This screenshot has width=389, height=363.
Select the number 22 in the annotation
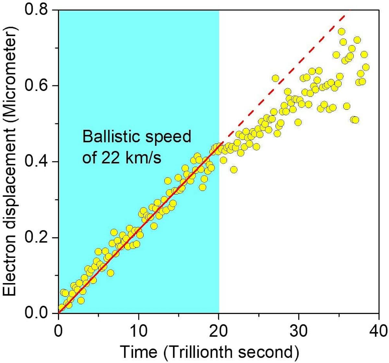(x=112, y=159)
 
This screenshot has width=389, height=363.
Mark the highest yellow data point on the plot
(x=341, y=31)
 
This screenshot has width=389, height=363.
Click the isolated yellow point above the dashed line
(x=275, y=78)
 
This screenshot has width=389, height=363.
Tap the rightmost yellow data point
(x=366, y=67)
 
